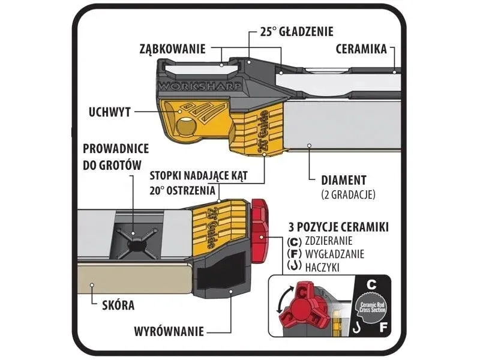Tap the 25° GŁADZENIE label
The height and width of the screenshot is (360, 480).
pyautogui.click(x=298, y=31)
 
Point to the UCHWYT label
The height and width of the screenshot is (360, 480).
pyautogui.click(x=110, y=112)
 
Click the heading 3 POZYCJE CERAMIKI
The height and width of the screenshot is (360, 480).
pyautogui.click(x=338, y=227)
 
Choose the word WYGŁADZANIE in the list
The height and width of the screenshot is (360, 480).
pyautogui.click(x=337, y=254)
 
